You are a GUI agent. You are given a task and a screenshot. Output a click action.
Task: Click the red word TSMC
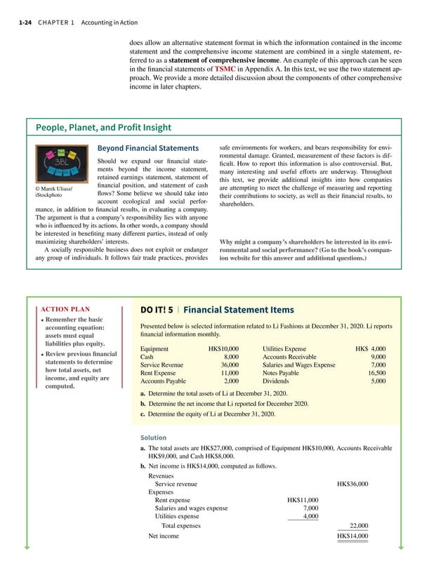230,70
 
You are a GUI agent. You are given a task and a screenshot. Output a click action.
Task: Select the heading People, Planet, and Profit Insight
104,127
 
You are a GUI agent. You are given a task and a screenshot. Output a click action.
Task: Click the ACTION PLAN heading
66,308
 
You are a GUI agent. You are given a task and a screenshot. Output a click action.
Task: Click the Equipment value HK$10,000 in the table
224,348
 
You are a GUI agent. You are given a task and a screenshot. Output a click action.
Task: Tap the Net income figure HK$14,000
353,536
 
